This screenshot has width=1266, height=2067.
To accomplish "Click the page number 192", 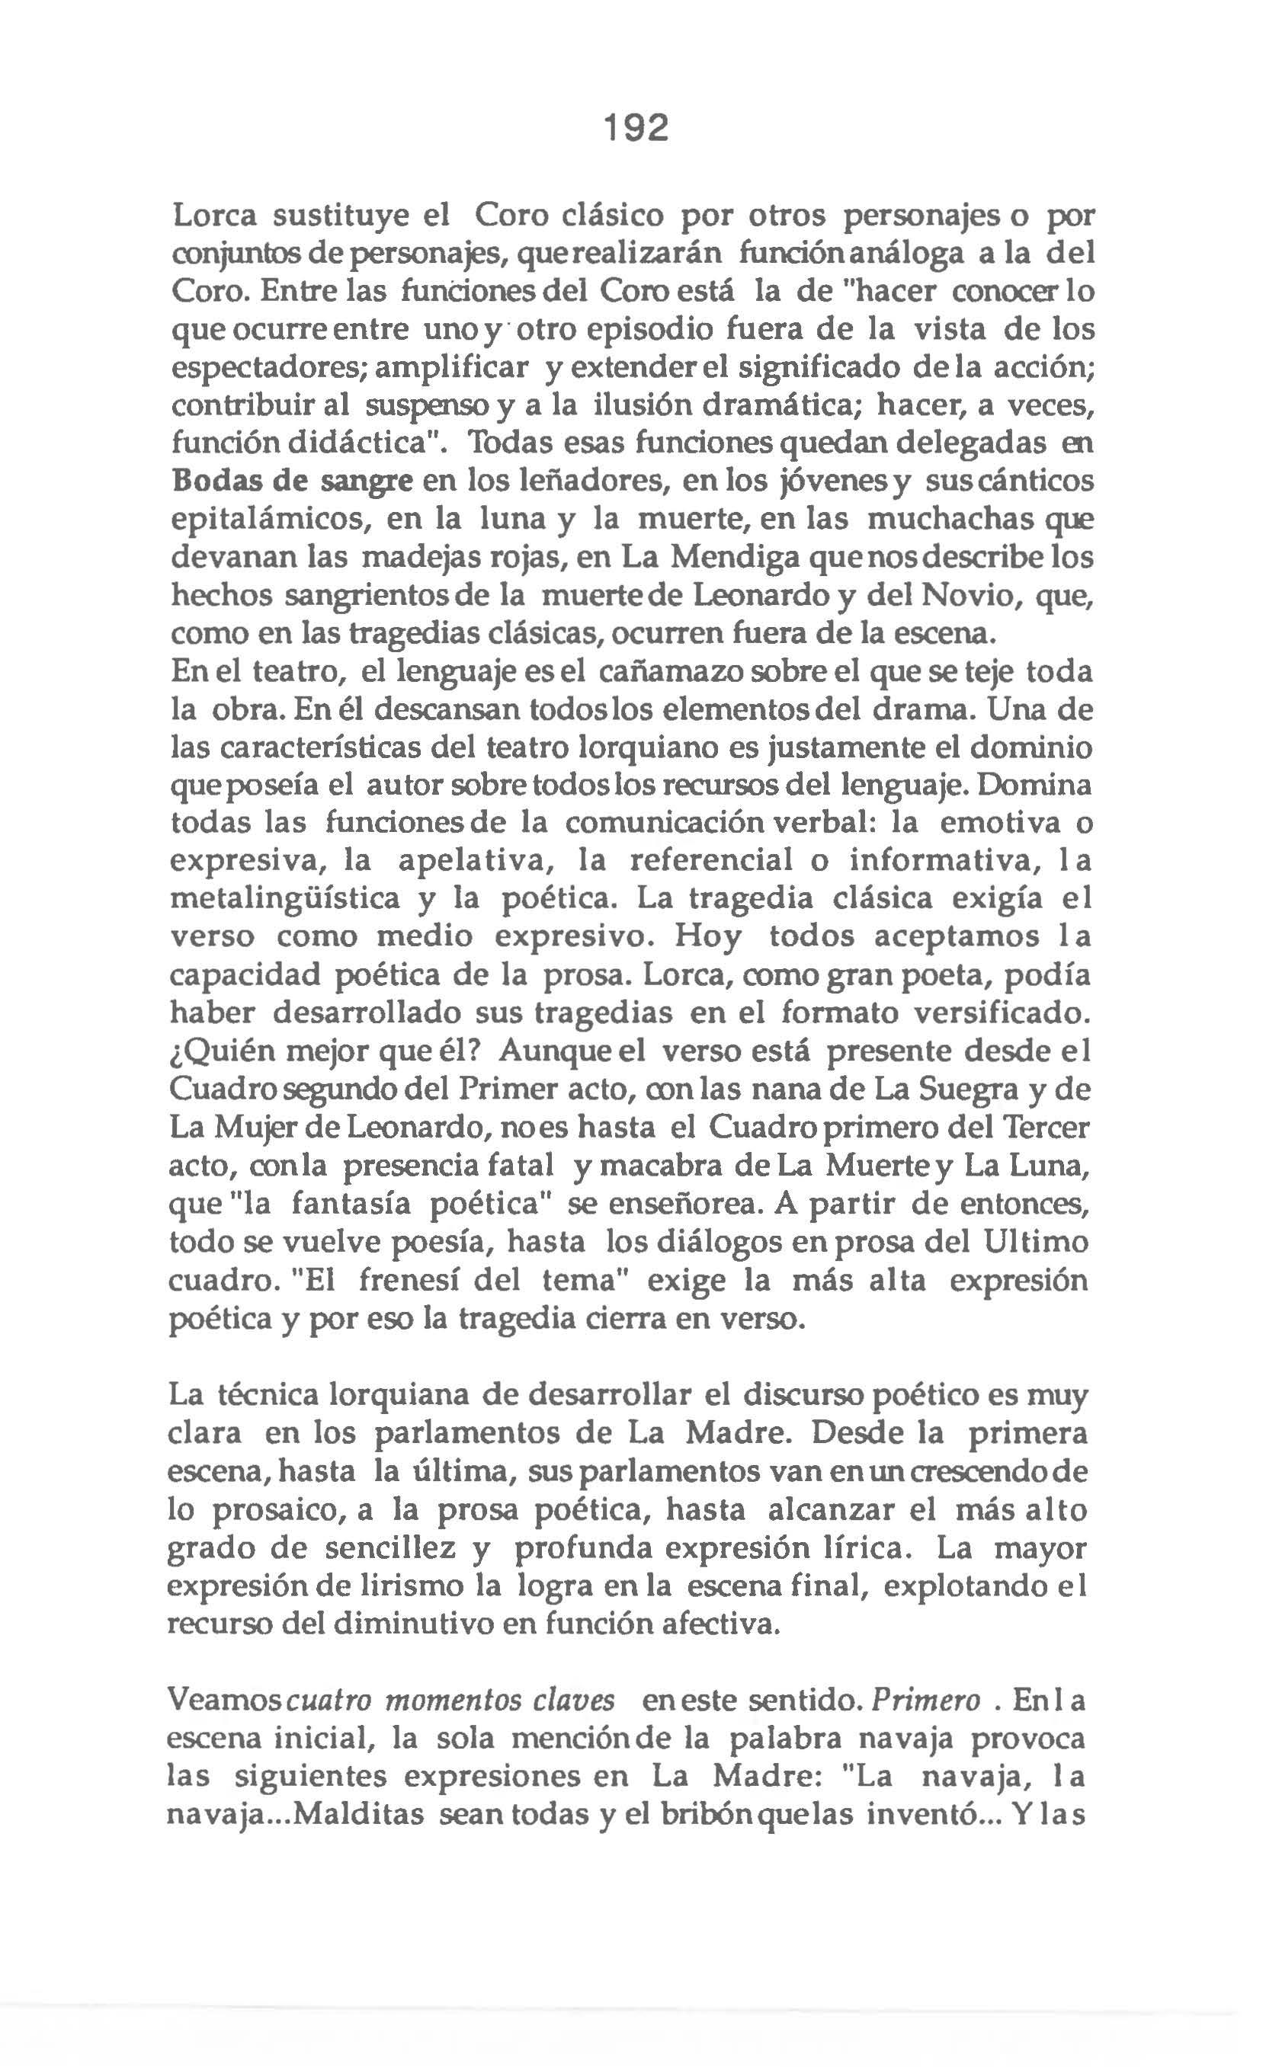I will [x=636, y=128].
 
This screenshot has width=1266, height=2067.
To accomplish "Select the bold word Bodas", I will [x=217, y=482].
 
